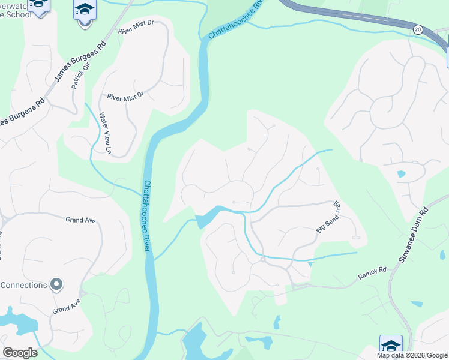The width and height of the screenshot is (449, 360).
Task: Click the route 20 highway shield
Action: [x=417, y=29]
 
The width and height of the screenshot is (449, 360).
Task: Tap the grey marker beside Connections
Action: [x=56, y=284]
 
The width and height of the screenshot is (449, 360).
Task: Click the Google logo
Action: [x=20, y=353]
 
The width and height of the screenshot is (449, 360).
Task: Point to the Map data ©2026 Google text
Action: [x=412, y=355]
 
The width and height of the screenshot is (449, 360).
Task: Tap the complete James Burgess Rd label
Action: [x=80, y=62]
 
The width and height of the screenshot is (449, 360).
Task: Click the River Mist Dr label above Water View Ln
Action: [x=125, y=95]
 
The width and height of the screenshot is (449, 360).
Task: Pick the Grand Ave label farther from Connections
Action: [x=81, y=220]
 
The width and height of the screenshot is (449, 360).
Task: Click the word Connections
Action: [x=24, y=284]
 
